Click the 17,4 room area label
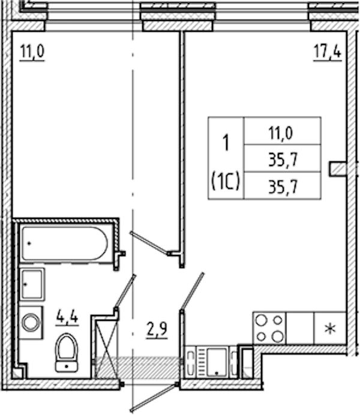328,52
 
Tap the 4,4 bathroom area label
67,317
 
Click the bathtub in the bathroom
65,243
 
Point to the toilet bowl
67,353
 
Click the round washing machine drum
31,323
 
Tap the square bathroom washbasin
32,284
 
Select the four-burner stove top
269,329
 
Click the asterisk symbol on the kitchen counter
330,329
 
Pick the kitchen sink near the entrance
217,362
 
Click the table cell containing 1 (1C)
226,158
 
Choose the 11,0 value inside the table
281,133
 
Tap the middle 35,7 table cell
283,159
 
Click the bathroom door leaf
125,292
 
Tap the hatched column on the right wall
338,169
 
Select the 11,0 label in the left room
32,52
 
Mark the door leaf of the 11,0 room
150,243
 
